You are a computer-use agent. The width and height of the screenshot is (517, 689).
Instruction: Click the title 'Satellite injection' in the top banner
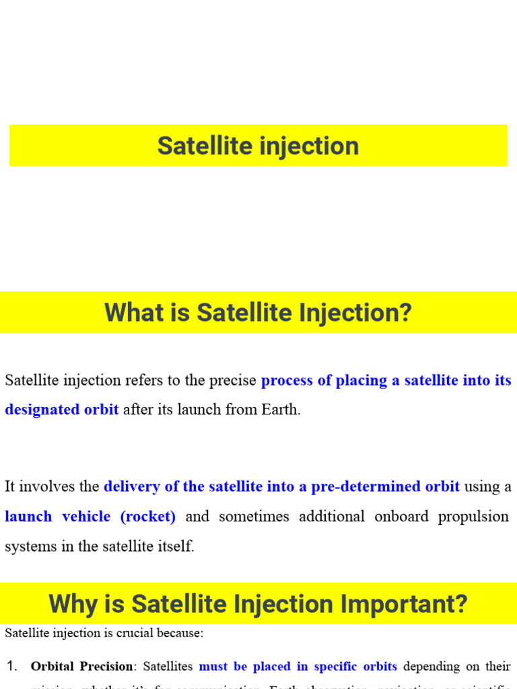coord(258,145)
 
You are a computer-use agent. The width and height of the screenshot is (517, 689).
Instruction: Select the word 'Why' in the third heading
coord(71,604)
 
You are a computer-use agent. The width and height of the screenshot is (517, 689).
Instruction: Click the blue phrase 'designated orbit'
coord(62,409)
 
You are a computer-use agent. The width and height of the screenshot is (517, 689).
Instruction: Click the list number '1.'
coord(12,666)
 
